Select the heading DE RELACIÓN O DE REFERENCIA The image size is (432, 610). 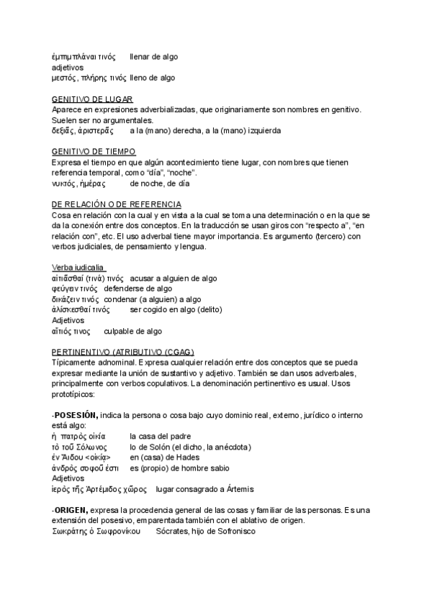click(x=117, y=204)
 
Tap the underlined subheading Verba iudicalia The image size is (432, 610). click(x=79, y=268)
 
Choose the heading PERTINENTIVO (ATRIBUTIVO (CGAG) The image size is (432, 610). click(x=123, y=352)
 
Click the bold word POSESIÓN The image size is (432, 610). click(x=76, y=415)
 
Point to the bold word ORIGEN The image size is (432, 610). click(x=71, y=510)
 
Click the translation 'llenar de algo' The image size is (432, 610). click(x=153, y=56)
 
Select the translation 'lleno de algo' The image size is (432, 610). click(x=153, y=77)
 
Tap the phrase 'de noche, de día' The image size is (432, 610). click(x=160, y=183)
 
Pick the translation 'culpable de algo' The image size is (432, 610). click(x=133, y=331)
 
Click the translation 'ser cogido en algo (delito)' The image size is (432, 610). click(x=176, y=309)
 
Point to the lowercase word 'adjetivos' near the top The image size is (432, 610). click(x=68, y=67)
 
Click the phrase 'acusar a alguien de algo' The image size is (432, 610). click(x=174, y=278)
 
